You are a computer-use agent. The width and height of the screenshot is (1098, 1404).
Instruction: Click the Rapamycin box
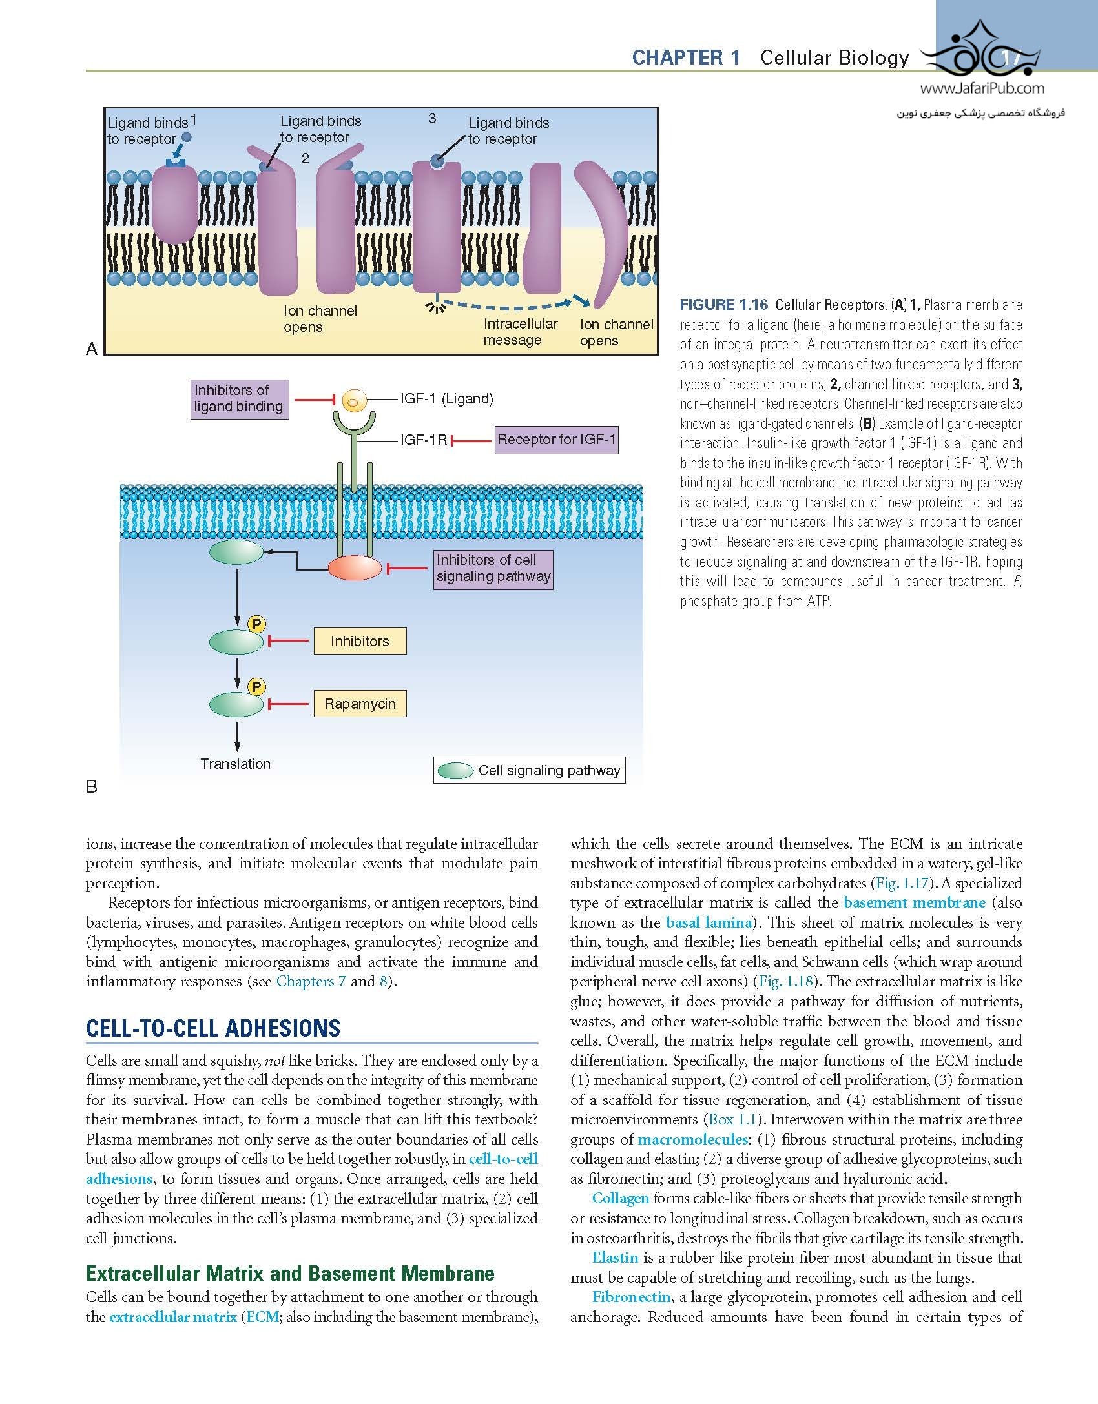(360, 704)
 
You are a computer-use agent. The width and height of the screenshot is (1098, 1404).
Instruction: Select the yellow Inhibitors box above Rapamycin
(360, 641)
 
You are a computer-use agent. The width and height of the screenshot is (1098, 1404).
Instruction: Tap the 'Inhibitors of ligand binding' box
(239, 399)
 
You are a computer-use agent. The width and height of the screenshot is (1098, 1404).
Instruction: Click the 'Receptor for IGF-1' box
(556, 440)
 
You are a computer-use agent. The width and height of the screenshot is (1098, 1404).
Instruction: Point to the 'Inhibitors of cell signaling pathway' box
(493, 569)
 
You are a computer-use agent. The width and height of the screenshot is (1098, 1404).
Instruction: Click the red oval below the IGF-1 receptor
(355, 568)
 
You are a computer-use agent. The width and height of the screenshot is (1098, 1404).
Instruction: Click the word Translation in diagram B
(235, 764)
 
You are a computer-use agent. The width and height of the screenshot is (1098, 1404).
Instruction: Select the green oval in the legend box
(455, 771)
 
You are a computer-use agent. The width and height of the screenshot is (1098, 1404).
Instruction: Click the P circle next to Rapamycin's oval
(256, 687)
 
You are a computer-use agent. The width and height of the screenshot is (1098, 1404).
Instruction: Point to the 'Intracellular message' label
(520, 332)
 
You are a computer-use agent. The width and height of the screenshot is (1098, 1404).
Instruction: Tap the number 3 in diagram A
(432, 118)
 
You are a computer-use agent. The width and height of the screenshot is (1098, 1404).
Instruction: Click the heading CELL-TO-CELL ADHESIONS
(213, 1028)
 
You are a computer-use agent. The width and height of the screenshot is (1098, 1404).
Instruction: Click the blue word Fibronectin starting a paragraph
(631, 1297)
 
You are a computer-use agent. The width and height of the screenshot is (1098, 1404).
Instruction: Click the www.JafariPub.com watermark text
(982, 90)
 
